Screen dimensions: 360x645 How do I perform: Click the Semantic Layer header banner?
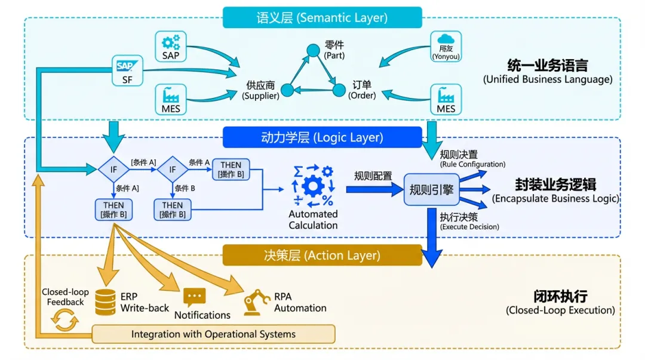click(322, 17)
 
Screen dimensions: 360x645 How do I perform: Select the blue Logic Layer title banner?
click(322, 137)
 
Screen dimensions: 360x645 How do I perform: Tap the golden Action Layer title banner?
click(322, 256)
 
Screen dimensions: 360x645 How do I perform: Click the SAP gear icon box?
click(171, 46)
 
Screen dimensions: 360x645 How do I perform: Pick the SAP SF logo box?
click(127, 70)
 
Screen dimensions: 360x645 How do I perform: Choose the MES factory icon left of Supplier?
click(171, 99)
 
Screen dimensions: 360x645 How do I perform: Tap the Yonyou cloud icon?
click(446, 45)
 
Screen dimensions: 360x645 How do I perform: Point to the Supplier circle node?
click(287, 90)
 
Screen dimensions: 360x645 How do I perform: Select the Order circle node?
click(339, 90)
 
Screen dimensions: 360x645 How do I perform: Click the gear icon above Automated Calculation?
click(313, 186)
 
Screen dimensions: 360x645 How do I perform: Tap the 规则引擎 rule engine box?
click(431, 190)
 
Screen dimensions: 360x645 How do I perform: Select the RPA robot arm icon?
click(257, 302)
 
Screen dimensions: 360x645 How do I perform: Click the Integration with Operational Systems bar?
click(213, 334)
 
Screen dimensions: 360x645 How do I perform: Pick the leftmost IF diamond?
click(113, 170)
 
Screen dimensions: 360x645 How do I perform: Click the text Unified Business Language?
click(547, 79)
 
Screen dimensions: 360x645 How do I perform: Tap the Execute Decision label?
click(469, 226)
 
